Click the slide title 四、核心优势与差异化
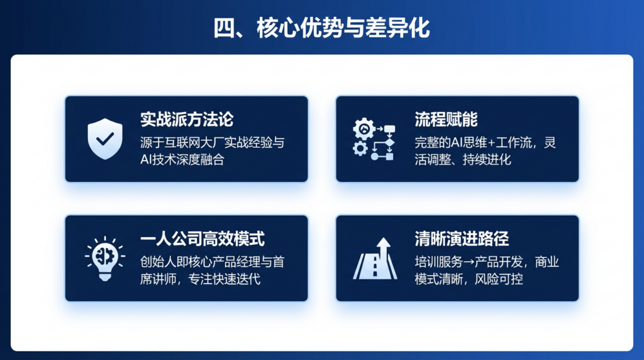pyautogui.click(x=321, y=28)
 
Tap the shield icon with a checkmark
pyautogui.click(x=105, y=138)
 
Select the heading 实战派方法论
pyautogui.click(x=187, y=120)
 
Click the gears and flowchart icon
pyautogui.click(x=374, y=139)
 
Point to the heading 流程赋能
pyautogui.click(x=446, y=120)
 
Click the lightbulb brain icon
pyautogui.click(x=105, y=259)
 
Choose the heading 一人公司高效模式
pyautogui.click(x=203, y=239)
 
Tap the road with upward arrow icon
pyautogui.click(x=375, y=259)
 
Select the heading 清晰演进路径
pyautogui.click(x=462, y=239)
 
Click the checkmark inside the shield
pyautogui.click(x=105, y=138)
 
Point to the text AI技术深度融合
pyautogui.click(x=182, y=159)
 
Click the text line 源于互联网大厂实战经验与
pyautogui.click(x=213, y=143)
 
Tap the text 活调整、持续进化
pyautogui.click(x=463, y=159)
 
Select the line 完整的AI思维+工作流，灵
pyautogui.click(x=486, y=143)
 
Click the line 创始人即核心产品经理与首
pyautogui.click(x=213, y=262)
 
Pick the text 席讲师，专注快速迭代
pyautogui.click(x=201, y=279)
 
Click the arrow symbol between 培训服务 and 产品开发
pyautogui.click(x=469, y=262)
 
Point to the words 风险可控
pyautogui.click(x=499, y=279)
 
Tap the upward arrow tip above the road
pyautogui.click(x=384, y=239)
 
